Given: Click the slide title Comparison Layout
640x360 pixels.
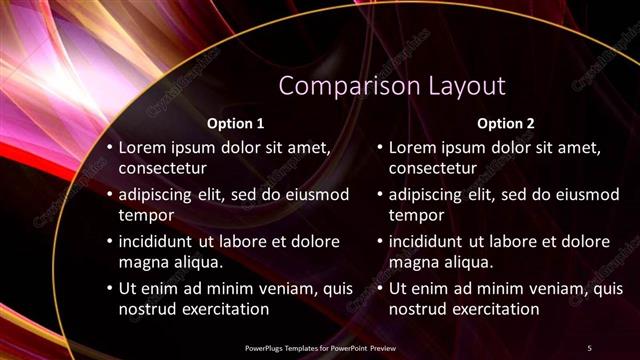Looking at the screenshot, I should (392, 86).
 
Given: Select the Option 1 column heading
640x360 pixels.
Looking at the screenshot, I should (235, 124).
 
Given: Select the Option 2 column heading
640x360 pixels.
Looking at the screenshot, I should (506, 124).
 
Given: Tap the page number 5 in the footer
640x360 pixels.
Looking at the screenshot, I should (589, 347).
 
